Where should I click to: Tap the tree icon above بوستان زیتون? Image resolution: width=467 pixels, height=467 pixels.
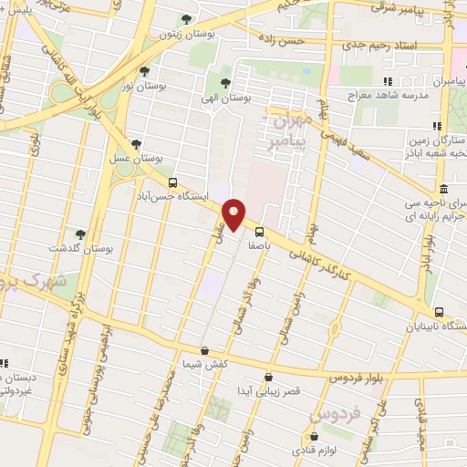click(x=187, y=19)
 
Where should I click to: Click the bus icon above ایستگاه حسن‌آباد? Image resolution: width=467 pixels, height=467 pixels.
click(x=173, y=182)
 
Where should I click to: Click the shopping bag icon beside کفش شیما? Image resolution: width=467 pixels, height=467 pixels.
click(x=204, y=351)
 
